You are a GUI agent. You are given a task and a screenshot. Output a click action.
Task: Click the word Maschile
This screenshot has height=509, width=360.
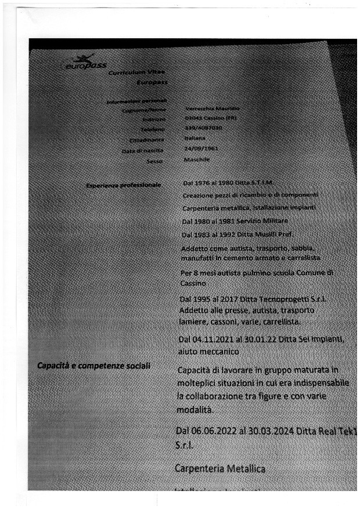[197, 159]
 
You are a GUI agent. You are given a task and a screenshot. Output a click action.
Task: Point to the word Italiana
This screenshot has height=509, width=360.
[195, 139]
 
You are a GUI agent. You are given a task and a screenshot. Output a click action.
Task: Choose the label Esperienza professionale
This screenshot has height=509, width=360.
[124, 185]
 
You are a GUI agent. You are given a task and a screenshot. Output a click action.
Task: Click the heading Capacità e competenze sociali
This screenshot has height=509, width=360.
[93, 366]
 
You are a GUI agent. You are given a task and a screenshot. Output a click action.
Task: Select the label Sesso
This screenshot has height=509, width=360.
[154, 161]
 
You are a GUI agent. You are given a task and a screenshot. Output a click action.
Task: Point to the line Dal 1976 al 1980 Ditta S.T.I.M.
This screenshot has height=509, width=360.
[228, 183]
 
